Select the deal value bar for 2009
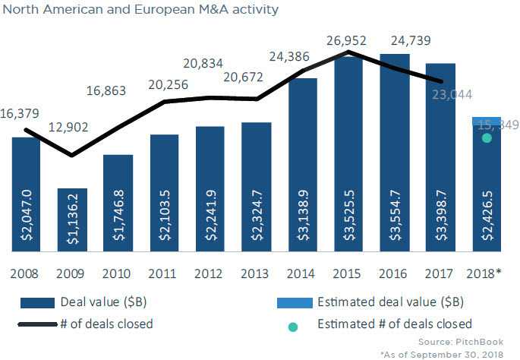[72, 220]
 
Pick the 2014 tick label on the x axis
[303, 271]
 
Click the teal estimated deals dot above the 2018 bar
[487, 137]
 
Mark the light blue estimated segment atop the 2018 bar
[487, 122]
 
